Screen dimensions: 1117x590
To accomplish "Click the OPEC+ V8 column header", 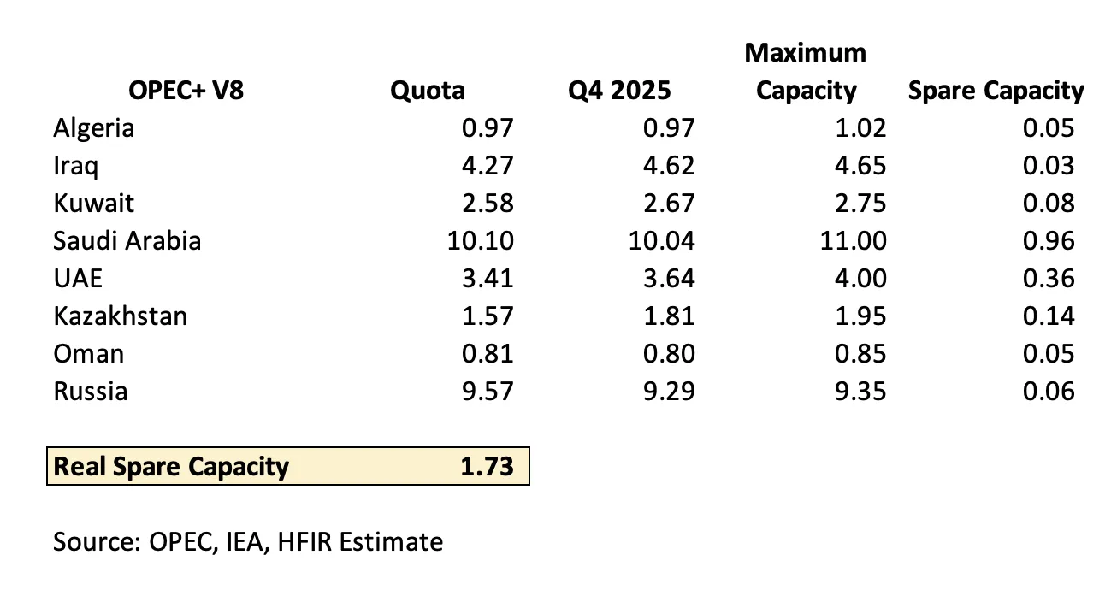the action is pos(186,91).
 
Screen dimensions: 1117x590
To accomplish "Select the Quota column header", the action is pos(428,91).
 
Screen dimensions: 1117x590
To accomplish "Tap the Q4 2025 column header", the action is pos(619,91).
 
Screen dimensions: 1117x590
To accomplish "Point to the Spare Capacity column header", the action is pos(996,91).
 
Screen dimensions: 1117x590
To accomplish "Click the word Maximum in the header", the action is pos(806,53).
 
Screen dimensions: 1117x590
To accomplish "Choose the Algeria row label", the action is pos(94,128).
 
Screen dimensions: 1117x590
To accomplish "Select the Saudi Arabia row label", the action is pos(127,241).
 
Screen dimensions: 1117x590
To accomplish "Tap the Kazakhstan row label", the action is pos(121,316).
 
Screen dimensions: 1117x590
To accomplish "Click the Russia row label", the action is pos(91,392).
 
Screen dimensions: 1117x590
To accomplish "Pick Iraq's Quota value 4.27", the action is pos(488,166).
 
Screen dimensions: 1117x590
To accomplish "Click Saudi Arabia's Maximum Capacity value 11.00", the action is pos(854,241).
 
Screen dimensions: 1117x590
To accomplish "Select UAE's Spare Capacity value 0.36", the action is pos(1049,278).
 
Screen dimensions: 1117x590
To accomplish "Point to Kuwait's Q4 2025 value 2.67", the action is pos(669,204).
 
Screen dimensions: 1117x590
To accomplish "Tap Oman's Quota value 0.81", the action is pos(488,354).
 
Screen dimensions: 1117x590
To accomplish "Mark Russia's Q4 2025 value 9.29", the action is pos(669,392).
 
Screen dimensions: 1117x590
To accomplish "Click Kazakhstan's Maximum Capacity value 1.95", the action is pos(860,316).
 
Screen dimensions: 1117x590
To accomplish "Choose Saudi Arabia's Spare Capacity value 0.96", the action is pos(1049,241).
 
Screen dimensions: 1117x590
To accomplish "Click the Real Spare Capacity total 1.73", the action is pos(487,467).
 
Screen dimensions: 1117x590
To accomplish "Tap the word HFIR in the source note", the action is pos(304,542).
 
